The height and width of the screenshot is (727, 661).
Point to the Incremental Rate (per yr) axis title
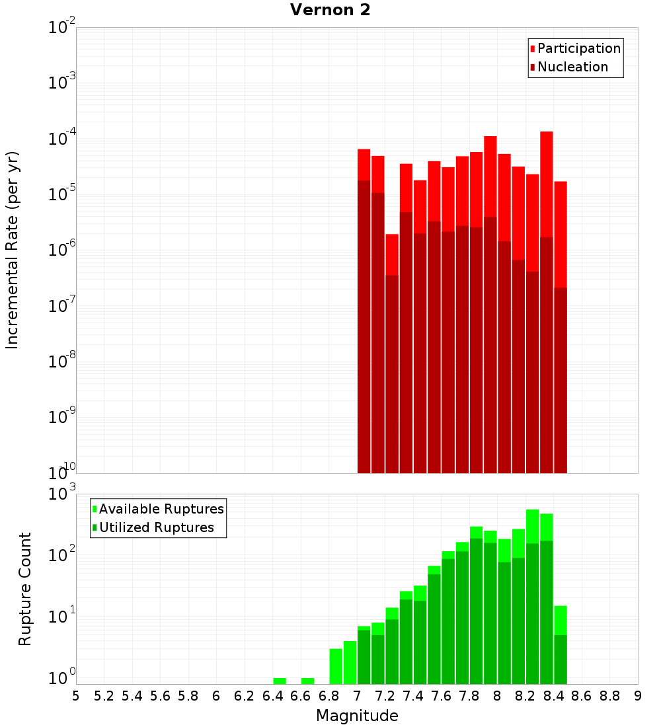click(13, 250)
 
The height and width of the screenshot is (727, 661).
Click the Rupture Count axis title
click(25, 589)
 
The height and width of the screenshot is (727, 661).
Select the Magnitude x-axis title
click(357, 716)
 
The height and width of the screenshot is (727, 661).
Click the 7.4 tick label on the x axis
click(413, 696)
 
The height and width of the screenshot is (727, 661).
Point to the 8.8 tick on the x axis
click(610, 696)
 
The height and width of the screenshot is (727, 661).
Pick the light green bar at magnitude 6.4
click(280, 681)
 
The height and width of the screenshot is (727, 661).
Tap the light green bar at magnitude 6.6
click(307, 681)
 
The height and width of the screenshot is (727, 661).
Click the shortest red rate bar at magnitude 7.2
click(392, 254)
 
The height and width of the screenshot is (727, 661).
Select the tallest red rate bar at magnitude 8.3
click(546, 185)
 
